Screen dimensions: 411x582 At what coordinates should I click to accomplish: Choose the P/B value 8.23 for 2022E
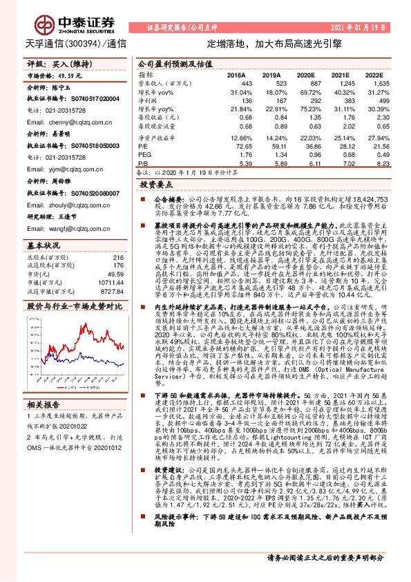[x=373, y=165]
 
